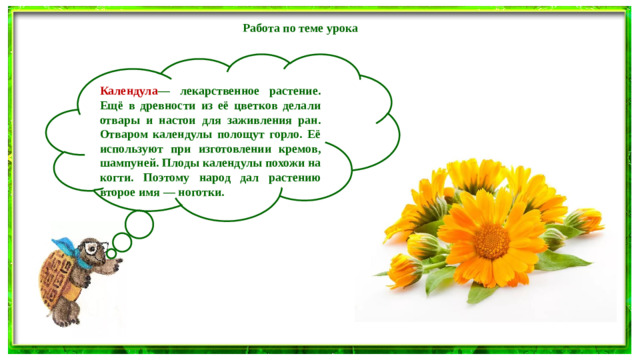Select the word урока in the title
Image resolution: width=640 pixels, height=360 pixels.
tap(341, 28)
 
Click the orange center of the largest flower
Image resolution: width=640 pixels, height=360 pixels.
tap(491, 240)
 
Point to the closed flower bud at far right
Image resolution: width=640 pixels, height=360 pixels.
tap(584, 220)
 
